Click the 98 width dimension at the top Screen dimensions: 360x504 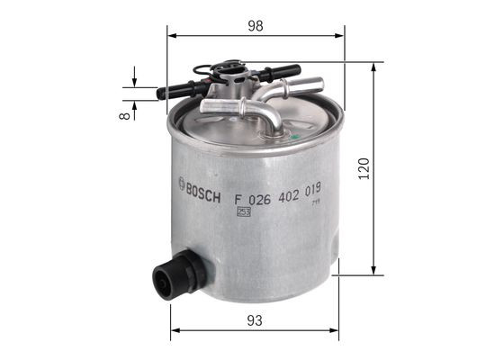pyautogui.click(x=256, y=26)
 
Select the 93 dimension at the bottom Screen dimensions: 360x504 pyautogui.click(x=256, y=319)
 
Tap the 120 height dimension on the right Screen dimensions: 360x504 pyautogui.click(x=363, y=168)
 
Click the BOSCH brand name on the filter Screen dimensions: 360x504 pyautogui.click(x=204, y=188)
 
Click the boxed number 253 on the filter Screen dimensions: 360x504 pyautogui.click(x=242, y=212)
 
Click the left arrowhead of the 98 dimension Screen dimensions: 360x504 pyautogui.click(x=170, y=37)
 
